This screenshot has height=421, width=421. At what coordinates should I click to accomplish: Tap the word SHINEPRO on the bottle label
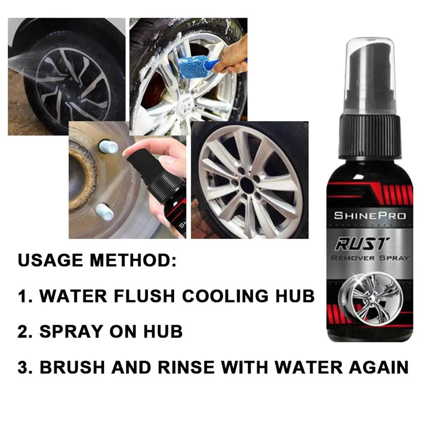pos(370,216)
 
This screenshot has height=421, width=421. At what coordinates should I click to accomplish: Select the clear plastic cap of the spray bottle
pos(370,71)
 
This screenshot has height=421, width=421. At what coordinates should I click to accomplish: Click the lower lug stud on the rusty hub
pos(104,212)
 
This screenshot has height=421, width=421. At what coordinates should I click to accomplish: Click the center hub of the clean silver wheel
pos(249,185)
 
